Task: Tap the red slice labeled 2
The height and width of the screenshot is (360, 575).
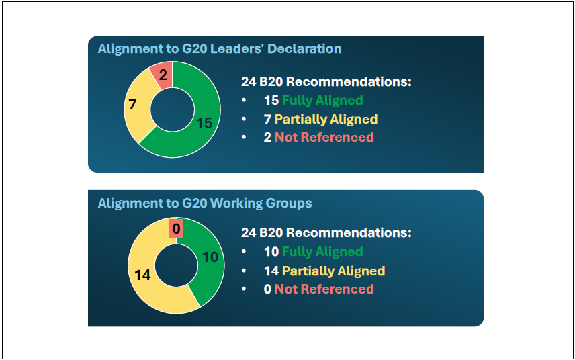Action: (x=162, y=75)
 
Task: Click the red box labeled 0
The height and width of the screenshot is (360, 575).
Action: (x=177, y=229)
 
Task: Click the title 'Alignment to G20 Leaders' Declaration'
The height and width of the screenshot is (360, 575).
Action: (x=220, y=49)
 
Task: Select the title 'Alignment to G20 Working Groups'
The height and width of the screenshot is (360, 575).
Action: (x=205, y=204)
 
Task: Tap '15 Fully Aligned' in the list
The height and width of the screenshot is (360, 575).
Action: (x=314, y=101)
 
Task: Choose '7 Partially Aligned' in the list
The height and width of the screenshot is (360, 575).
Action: (x=321, y=119)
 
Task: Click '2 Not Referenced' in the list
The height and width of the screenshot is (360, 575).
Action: (x=319, y=138)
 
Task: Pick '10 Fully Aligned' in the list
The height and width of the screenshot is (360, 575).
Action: (x=314, y=251)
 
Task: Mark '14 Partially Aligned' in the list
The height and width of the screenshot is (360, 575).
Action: (x=324, y=271)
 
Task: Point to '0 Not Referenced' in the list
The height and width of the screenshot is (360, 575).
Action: (x=319, y=289)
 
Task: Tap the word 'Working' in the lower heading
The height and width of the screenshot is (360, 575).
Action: (x=236, y=204)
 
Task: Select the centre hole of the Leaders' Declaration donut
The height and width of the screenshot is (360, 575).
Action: (x=173, y=109)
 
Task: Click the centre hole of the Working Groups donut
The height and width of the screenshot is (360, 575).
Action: (x=177, y=265)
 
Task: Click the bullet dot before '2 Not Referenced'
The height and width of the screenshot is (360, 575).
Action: (x=244, y=138)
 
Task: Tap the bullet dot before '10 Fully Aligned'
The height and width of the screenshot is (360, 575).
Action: (x=244, y=251)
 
